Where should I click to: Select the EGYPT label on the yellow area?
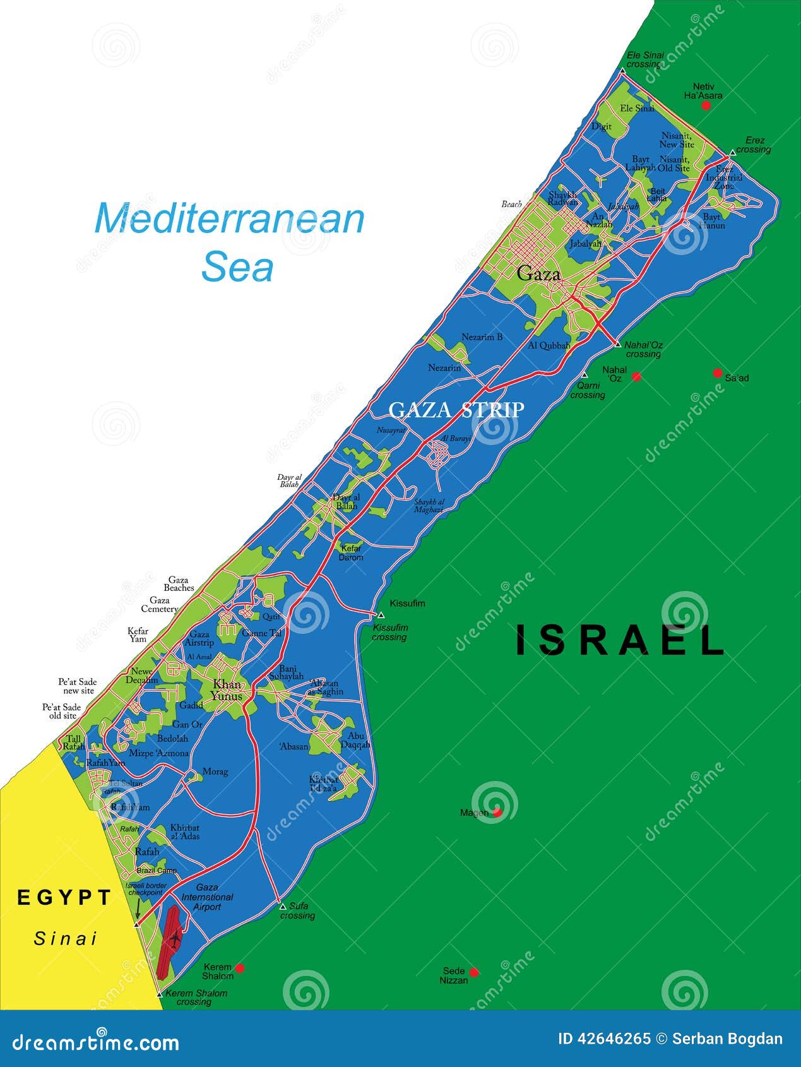(64, 897)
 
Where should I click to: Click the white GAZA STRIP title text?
(456, 410)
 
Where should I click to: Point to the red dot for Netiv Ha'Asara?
(706, 105)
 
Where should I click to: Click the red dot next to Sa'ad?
(717, 373)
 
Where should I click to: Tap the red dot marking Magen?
(497, 812)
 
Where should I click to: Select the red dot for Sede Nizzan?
(474, 972)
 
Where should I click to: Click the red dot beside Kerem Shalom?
(239, 968)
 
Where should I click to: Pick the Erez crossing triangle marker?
(732, 152)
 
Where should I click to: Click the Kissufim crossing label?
(390, 632)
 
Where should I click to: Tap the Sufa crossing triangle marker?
(282, 906)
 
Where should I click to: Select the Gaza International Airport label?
(207, 897)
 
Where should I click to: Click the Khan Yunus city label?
(227, 690)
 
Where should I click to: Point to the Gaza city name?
(538, 274)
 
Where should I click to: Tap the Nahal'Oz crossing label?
(643, 349)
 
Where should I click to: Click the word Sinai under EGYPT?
(65, 939)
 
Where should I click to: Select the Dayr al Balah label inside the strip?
(345, 502)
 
